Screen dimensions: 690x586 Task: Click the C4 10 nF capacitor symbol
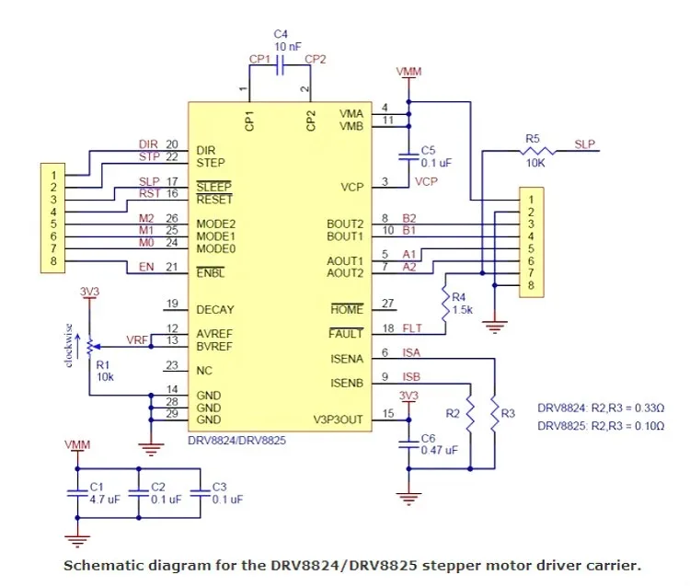pyautogui.click(x=280, y=65)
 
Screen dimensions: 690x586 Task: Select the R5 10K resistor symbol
pyautogui.click(x=537, y=151)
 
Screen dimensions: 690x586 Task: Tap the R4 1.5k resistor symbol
pyautogui.click(x=445, y=304)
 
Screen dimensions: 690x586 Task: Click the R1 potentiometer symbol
pyautogui.click(x=90, y=347)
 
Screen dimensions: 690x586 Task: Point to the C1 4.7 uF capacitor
pyautogui.click(x=77, y=493)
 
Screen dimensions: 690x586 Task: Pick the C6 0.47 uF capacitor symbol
pyautogui.click(x=408, y=444)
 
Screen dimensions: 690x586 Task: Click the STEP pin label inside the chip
pyautogui.click(x=211, y=163)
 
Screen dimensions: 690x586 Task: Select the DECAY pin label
pyautogui.click(x=215, y=310)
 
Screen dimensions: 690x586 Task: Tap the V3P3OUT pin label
pyautogui.click(x=338, y=419)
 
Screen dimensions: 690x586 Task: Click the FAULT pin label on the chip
pyautogui.click(x=346, y=334)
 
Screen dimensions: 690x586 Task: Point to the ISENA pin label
pyautogui.click(x=347, y=359)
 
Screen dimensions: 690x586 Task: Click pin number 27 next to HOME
pyautogui.click(x=387, y=304)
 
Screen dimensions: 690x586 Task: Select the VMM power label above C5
pyautogui.click(x=408, y=71)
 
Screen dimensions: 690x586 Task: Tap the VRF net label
pyautogui.click(x=137, y=340)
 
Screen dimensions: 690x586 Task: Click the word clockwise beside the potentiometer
pyautogui.click(x=68, y=346)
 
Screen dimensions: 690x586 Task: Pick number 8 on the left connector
pyautogui.click(x=53, y=261)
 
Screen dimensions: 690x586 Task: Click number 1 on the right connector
pyautogui.click(x=531, y=200)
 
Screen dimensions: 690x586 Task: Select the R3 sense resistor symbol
pyautogui.click(x=495, y=414)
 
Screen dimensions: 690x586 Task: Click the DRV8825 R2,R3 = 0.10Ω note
pyautogui.click(x=601, y=426)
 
